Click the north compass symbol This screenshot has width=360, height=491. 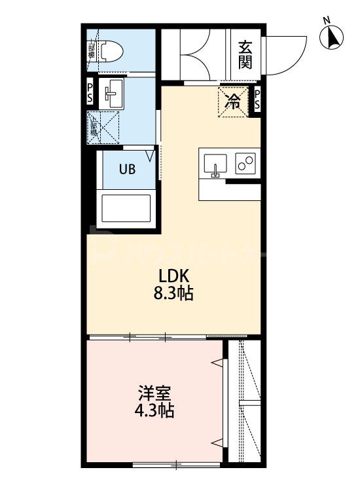click(333, 37)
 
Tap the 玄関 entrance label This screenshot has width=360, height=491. click(245, 54)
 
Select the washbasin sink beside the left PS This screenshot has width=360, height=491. click(113, 94)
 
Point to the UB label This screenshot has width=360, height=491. click(127, 168)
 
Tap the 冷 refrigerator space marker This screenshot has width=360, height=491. click(233, 101)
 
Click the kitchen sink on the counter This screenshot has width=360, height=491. click(215, 164)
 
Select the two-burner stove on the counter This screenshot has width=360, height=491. click(246, 164)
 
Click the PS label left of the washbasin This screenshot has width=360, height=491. click(90, 92)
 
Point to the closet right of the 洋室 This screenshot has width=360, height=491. click(245, 403)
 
